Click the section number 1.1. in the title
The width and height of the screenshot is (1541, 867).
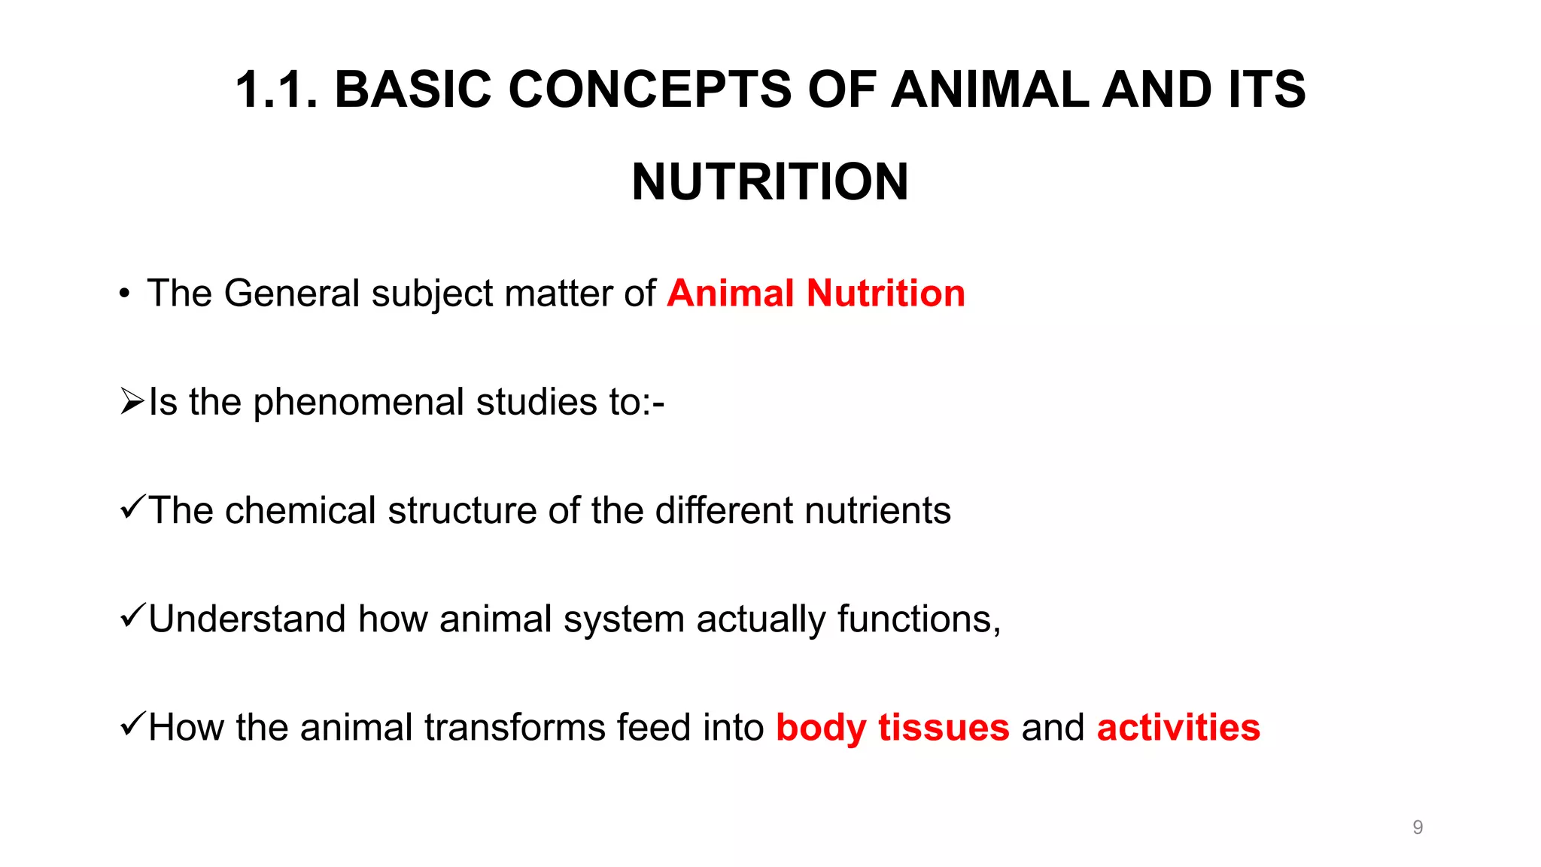(276, 90)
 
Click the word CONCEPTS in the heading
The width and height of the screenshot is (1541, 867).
(649, 90)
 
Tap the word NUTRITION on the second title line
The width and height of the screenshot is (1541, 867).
(770, 182)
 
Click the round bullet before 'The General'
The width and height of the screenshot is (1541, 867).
(124, 294)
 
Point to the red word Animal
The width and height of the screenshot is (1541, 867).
(731, 294)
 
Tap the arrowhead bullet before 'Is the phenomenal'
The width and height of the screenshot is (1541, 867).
(132, 402)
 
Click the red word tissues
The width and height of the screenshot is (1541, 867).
(944, 727)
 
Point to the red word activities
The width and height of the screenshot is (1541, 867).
(1178, 727)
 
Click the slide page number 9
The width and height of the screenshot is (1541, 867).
(1418, 827)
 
